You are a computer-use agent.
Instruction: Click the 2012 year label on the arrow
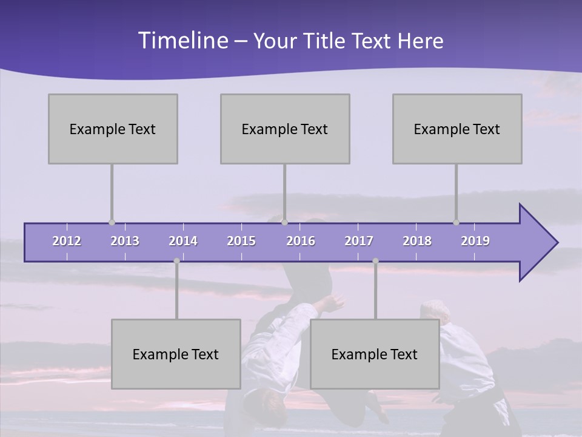point(67,241)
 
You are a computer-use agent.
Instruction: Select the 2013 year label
point(125,241)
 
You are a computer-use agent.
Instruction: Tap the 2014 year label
point(183,241)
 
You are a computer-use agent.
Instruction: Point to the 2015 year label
point(241,241)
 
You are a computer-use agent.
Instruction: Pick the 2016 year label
point(301,241)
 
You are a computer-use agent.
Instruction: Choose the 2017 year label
point(359,241)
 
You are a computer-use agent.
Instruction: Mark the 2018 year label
point(417,241)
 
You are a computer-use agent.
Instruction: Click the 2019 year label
point(475,241)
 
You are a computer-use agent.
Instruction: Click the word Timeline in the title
point(182,41)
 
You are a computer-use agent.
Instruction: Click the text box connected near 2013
point(113,129)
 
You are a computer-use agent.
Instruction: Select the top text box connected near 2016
point(285,129)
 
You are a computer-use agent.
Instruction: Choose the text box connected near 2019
point(457,129)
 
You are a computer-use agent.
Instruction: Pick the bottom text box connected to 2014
point(176,354)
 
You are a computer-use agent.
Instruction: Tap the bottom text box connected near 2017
point(375,354)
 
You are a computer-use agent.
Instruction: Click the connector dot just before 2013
point(112,222)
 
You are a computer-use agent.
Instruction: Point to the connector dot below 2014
point(176,261)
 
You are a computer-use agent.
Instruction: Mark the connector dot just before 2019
point(456,222)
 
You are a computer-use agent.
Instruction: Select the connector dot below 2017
point(375,261)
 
